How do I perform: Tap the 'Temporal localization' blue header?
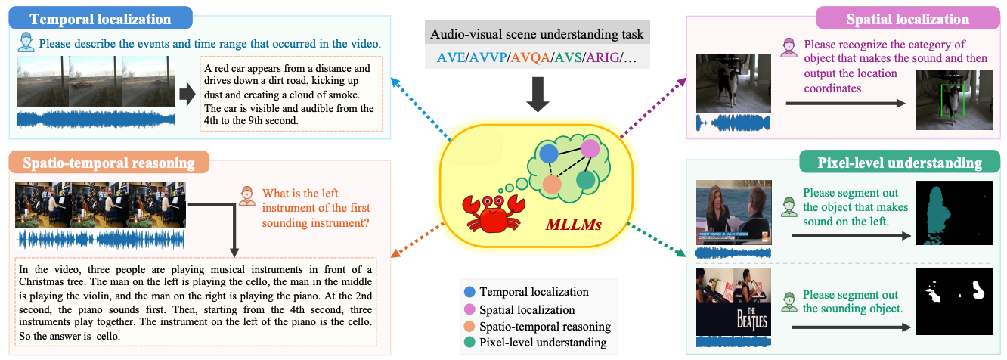tap(101, 18)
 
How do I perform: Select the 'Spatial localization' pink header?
tap(908, 18)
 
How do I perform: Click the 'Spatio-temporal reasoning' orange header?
tap(109, 163)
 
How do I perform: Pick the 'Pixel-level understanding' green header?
tap(900, 163)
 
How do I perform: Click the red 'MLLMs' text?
tap(574, 224)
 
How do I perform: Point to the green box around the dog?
tap(953, 101)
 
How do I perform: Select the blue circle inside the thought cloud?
tap(548, 154)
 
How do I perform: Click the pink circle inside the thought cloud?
tap(590, 148)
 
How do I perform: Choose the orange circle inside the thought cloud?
tap(552, 184)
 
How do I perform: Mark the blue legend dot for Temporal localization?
tap(469, 292)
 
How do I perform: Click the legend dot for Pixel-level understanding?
tap(469, 342)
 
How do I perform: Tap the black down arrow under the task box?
tap(538, 95)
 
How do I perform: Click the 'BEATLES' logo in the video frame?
tap(751, 318)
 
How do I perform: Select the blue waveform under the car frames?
tap(96, 119)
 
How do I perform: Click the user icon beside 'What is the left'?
tap(246, 196)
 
